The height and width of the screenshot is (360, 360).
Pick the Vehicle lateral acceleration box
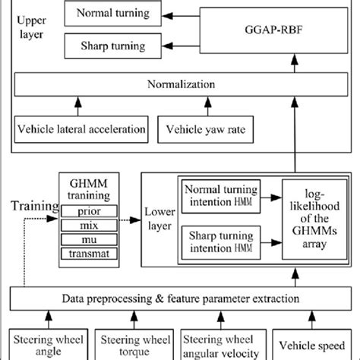tap(82, 128)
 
